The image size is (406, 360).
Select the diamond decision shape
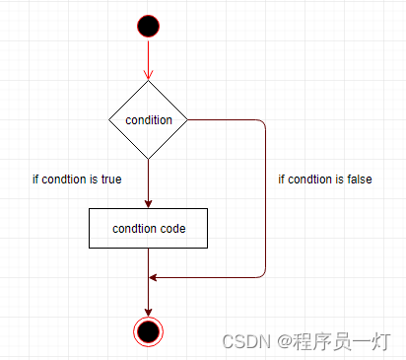click(148, 120)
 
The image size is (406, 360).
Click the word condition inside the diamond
click(149, 120)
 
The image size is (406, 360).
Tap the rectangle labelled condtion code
click(148, 228)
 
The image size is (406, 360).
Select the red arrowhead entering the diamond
click(148, 75)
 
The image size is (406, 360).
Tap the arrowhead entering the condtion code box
click(148, 203)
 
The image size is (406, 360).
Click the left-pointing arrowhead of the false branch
click(153, 277)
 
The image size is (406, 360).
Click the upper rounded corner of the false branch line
click(263, 123)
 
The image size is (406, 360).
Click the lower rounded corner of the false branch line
click(263, 274)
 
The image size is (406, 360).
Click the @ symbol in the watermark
click(281, 340)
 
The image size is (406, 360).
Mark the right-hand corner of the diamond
click(186, 120)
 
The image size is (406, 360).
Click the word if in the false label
click(282, 180)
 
